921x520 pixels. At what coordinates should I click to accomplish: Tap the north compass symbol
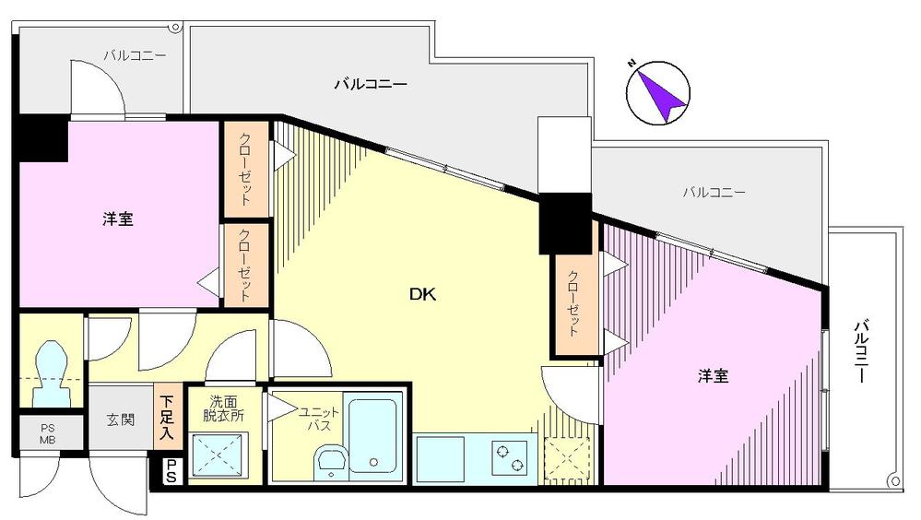(656, 92)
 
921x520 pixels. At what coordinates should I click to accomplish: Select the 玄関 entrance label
(120, 420)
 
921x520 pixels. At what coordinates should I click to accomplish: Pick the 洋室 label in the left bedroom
(118, 219)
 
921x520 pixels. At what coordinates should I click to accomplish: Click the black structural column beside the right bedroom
(563, 225)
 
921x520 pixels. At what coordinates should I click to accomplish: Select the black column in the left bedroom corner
(39, 138)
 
